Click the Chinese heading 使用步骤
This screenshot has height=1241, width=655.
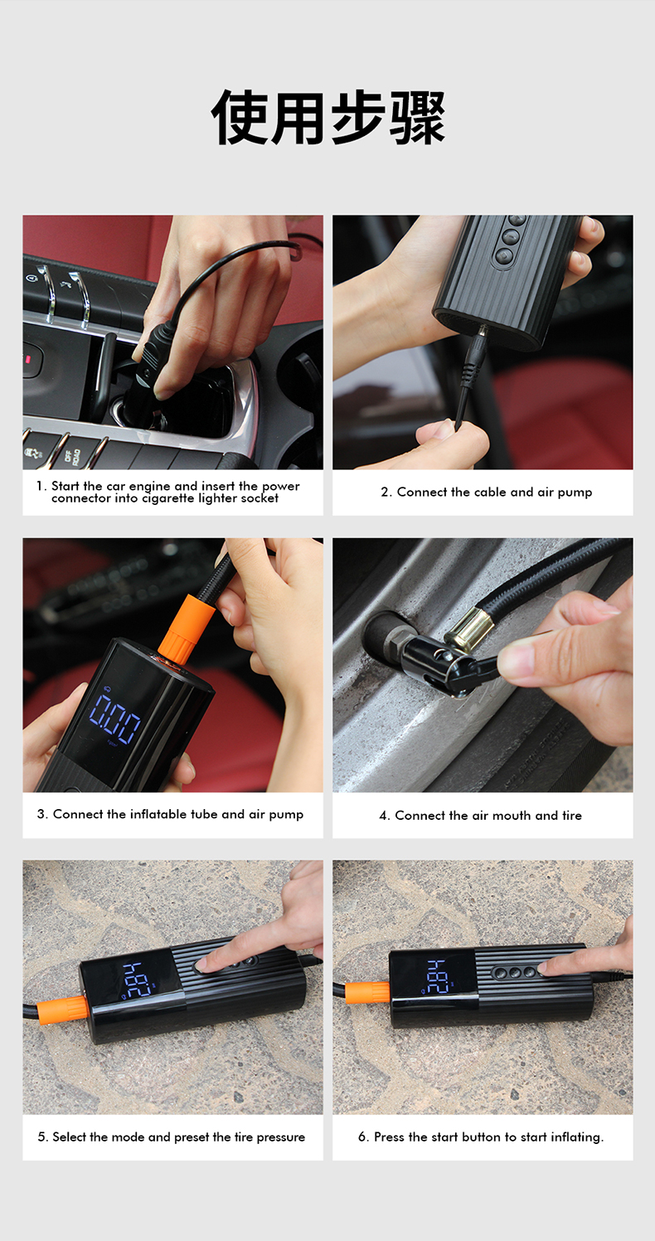tap(328, 117)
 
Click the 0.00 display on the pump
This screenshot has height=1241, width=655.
tap(115, 719)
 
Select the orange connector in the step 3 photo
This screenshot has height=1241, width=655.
tap(186, 627)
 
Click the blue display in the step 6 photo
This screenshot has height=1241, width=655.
tap(437, 976)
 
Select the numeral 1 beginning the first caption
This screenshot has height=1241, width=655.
tap(39, 487)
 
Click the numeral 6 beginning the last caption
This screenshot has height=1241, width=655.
tap(362, 1137)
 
